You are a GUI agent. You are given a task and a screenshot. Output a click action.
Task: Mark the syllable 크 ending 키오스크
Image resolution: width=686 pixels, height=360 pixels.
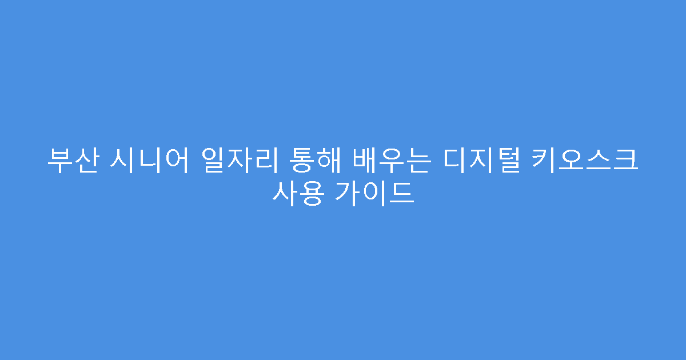627,161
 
